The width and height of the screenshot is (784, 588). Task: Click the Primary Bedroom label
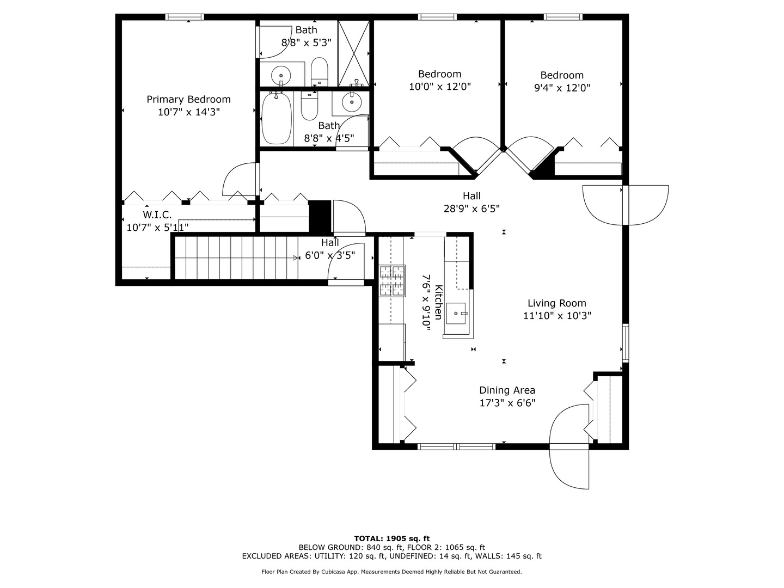[188, 100]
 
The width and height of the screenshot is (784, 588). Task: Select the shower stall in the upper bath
[353, 53]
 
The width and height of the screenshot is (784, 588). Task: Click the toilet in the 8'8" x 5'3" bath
[320, 72]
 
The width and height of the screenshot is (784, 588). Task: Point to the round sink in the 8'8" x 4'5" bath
[352, 101]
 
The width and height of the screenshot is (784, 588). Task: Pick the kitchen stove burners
[392, 281]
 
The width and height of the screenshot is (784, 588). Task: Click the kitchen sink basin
[456, 314]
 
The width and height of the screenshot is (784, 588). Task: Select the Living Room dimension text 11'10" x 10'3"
[557, 315]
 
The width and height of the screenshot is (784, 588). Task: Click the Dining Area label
[507, 390]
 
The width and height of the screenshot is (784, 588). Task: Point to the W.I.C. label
[157, 215]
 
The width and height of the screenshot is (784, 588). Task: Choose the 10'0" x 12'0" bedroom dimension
[439, 87]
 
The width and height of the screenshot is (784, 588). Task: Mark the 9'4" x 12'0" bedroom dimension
[562, 88]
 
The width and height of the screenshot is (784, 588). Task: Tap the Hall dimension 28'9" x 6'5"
[471, 208]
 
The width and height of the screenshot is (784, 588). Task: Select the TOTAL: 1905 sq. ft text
[391, 538]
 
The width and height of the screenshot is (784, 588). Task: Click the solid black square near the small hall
[320, 217]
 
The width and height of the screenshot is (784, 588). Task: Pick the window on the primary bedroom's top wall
[185, 17]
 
